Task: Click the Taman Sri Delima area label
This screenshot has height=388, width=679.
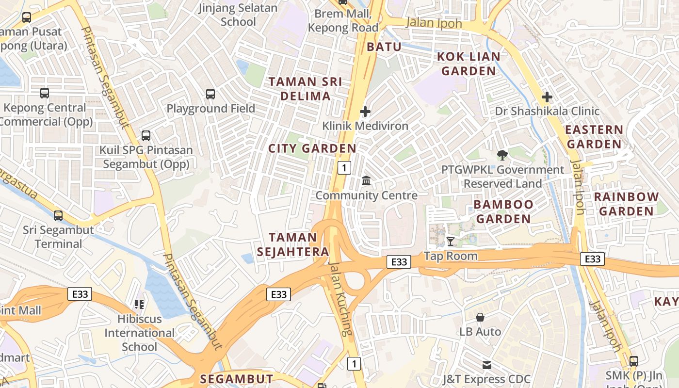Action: click(305, 89)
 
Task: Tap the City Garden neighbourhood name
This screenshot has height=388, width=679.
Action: click(313, 148)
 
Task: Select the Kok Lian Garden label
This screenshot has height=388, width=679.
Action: click(469, 64)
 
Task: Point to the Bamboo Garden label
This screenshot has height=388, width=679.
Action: click(503, 211)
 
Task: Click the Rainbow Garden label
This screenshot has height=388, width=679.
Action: click(626, 204)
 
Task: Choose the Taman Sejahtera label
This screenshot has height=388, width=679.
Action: click(293, 244)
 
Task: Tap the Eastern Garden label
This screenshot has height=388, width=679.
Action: click(594, 137)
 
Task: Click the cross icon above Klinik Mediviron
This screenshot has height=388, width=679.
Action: click(365, 112)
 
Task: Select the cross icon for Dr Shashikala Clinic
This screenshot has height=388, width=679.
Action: click(547, 97)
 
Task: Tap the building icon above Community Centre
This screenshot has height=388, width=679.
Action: click(367, 181)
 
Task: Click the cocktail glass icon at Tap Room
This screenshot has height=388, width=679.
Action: click(451, 241)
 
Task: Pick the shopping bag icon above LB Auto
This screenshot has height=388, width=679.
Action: click(480, 317)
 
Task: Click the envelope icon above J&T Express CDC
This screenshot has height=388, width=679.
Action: click(487, 365)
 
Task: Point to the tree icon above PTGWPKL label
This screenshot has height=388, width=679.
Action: click(502, 155)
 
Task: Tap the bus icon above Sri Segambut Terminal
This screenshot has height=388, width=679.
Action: click(58, 215)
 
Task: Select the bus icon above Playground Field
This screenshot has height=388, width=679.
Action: click(210, 94)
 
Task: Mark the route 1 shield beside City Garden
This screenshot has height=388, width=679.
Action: click(344, 168)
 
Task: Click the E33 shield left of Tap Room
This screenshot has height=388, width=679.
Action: click(399, 262)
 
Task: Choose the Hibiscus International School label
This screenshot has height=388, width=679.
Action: click(139, 333)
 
